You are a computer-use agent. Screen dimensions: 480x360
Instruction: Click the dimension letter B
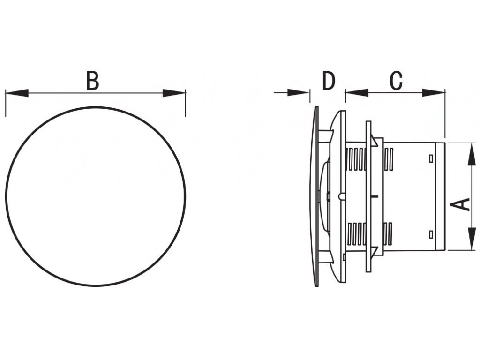(x=92, y=81)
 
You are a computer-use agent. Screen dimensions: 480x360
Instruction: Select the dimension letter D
(x=329, y=81)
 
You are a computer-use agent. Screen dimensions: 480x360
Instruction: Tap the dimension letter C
(x=396, y=81)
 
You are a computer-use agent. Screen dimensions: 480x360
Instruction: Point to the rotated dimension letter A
(x=461, y=204)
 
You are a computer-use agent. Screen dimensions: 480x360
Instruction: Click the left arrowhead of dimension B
(x=16, y=93)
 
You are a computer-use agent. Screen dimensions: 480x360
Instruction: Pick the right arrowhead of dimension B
(x=174, y=93)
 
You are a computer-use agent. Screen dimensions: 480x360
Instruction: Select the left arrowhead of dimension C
(x=356, y=93)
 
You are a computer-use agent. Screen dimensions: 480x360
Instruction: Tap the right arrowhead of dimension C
(x=433, y=93)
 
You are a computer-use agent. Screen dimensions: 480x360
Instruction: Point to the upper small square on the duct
(x=431, y=158)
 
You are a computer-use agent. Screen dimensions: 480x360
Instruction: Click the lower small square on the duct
(x=431, y=233)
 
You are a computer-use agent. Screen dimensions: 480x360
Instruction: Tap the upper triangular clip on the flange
(x=375, y=141)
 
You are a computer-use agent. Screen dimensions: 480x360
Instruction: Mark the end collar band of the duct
(x=440, y=196)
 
